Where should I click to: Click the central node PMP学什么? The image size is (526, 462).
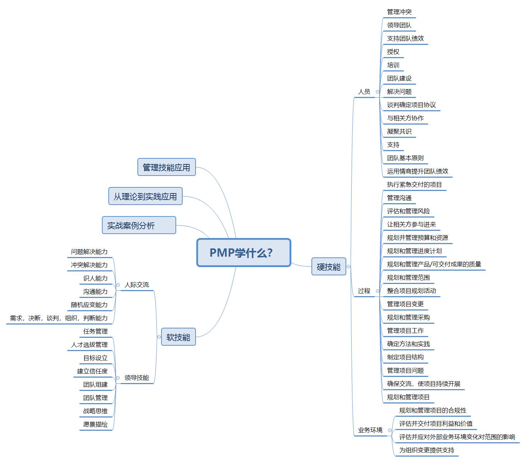244,253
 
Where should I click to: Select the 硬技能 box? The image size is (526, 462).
328,267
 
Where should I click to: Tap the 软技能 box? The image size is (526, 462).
178,337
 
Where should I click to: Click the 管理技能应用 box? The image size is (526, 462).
166,167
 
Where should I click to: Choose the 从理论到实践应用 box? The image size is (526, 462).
145,196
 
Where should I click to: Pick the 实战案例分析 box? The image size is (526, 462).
139,225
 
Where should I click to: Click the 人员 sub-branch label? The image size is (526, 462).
364,92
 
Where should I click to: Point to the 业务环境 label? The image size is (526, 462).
370,430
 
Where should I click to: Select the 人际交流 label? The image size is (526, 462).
136,285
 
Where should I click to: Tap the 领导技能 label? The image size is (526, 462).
136,378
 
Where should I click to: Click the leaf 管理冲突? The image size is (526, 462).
399,12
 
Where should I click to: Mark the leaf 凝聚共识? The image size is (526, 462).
399,131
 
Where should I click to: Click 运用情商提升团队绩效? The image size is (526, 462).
417,171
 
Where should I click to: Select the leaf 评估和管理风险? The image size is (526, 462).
408,211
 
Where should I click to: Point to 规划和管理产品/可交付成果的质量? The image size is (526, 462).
434,264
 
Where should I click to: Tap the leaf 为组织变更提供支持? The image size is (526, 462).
427,450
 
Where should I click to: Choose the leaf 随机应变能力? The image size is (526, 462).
89,305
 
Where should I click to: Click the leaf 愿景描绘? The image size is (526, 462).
95,424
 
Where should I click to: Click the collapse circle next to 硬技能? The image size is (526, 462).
348,267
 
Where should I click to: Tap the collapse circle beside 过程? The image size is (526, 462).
377,291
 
